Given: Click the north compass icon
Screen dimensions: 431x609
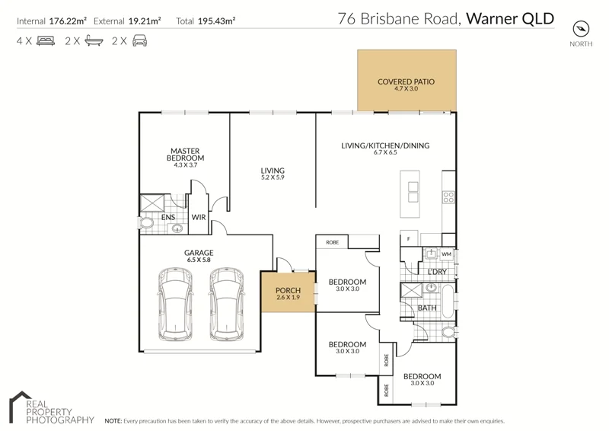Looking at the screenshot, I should coord(581,29).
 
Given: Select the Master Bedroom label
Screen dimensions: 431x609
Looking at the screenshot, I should coord(185,155).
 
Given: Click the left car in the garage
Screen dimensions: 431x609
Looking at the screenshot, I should coord(174,304).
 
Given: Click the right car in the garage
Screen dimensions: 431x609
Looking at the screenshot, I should coord(226,304).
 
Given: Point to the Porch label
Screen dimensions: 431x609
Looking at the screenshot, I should coord(288,291).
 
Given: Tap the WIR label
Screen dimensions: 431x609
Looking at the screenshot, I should coord(199,217).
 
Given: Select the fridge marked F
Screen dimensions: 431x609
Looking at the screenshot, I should coord(409,239).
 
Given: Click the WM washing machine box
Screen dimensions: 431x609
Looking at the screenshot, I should coord(446,254).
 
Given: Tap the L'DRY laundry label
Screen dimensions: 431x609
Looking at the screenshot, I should coord(437,272).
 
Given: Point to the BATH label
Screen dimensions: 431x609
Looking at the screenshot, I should coord(427,308).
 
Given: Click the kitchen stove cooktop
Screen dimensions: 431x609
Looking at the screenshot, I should coord(448,196).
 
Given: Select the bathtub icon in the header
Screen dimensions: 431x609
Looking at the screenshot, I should coord(94,41).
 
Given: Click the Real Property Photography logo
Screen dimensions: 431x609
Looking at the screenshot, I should coord(50,409).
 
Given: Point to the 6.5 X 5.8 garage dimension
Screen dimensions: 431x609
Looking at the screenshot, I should coord(199,260).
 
